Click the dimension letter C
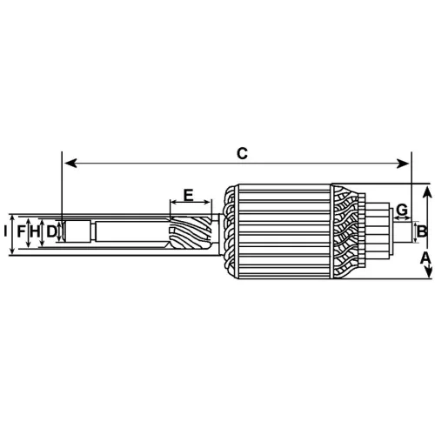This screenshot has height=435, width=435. click(x=242, y=153)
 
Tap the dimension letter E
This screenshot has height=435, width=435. click(x=189, y=195)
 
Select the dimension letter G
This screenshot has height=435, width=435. click(x=402, y=210)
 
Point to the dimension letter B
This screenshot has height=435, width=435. click(x=422, y=231)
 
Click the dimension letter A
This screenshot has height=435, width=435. click(x=425, y=258)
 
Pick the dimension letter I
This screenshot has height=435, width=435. click(x=5, y=231)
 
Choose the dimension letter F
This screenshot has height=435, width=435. click(x=21, y=231)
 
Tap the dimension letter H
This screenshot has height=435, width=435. click(x=35, y=231)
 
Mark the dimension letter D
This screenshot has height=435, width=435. click(x=51, y=231)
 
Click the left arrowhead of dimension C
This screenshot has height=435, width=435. click(x=70, y=164)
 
